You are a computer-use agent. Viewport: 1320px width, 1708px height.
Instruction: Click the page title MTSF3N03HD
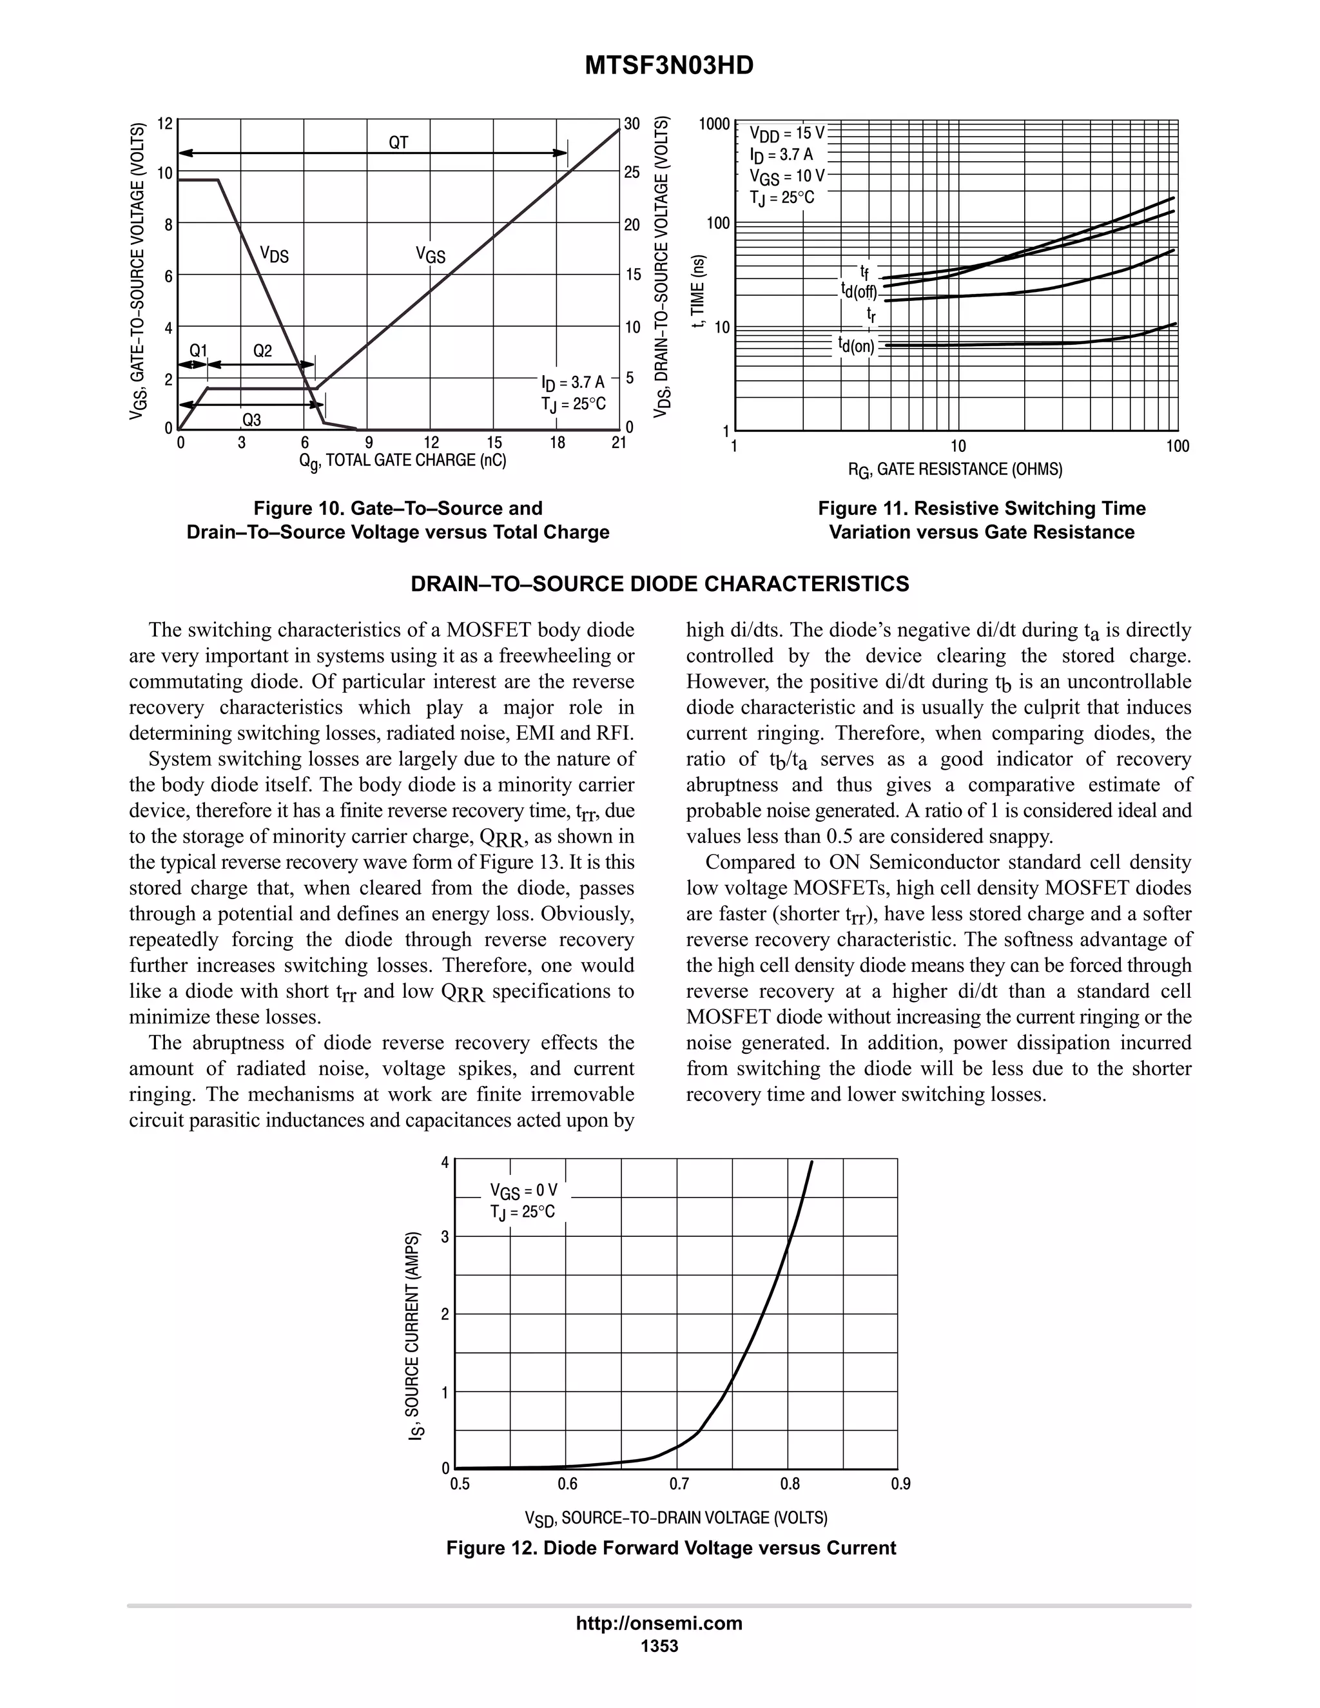click(668, 66)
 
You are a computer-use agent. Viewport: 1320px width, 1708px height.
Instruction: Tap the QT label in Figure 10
click(399, 142)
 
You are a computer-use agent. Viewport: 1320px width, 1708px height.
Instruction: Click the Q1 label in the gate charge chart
click(199, 351)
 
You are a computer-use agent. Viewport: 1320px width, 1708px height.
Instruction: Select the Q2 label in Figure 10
click(263, 351)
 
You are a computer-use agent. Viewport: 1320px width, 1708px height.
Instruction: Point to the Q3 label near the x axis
click(252, 420)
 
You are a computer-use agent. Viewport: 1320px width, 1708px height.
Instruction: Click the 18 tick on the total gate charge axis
click(557, 443)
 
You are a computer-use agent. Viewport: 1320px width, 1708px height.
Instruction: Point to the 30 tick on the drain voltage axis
click(632, 124)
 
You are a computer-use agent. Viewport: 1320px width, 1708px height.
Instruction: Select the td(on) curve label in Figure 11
click(857, 345)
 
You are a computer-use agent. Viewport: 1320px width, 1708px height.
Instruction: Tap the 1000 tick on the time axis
click(714, 124)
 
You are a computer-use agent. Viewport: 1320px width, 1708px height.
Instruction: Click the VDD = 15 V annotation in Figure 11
click(787, 132)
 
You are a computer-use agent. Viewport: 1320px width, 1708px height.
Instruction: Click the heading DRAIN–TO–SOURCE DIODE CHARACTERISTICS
click(660, 584)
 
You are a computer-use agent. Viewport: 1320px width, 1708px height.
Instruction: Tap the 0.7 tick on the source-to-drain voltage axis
click(679, 1484)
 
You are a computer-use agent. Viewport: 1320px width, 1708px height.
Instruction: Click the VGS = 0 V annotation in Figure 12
click(524, 1191)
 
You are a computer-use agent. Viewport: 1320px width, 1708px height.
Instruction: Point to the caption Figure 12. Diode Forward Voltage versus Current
click(671, 1548)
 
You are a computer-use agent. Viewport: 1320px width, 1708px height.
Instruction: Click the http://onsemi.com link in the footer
click(659, 1624)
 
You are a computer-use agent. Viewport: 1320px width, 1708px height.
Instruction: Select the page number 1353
click(659, 1646)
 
